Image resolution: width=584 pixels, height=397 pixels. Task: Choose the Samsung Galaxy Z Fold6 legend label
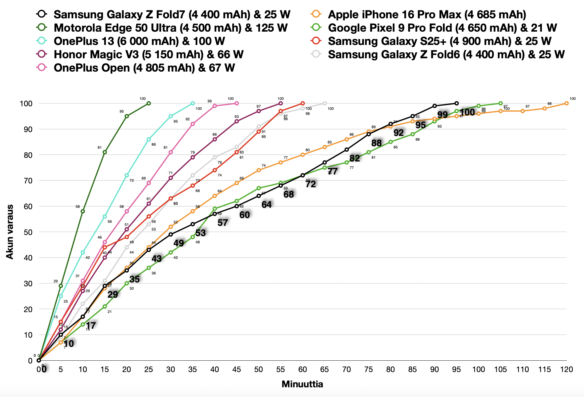click(446, 54)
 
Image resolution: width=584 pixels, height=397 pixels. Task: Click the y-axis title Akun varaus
click(10, 232)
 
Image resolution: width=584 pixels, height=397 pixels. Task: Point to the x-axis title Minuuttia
click(302, 384)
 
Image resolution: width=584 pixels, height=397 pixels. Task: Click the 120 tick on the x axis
click(567, 370)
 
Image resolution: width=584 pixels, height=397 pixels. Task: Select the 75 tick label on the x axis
click(369, 370)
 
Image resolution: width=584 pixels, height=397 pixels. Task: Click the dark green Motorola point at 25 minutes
click(149, 103)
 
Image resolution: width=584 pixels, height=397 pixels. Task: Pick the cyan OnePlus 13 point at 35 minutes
click(193, 103)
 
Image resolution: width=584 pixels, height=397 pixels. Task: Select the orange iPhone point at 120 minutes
click(567, 103)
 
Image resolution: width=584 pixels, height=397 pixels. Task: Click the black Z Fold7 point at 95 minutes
click(457, 103)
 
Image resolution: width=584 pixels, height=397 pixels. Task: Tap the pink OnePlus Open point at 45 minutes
click(237, 103)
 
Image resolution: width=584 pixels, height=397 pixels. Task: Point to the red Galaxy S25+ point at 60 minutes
click(303, 103)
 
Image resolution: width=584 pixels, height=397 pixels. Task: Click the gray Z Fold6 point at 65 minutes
click(325, 103)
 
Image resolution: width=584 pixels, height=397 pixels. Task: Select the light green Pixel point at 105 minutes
click(501, 103)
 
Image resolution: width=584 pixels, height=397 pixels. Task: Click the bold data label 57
click(223, 222)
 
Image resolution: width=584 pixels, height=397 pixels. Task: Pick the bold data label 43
click(157, 259)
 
